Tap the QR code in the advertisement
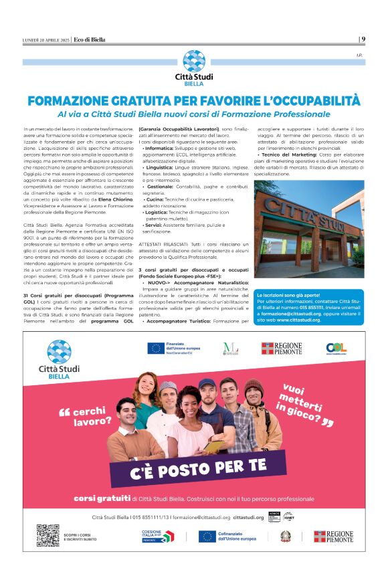tap(47, 536)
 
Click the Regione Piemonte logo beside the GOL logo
tap(281, 348)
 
